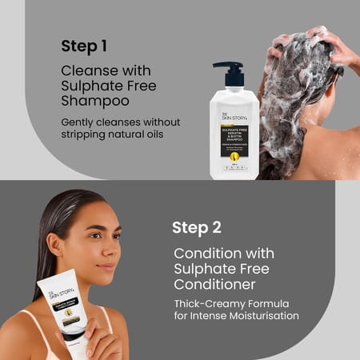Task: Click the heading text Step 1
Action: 85,45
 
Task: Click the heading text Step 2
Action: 196,227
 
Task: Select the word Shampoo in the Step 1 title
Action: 93,102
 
